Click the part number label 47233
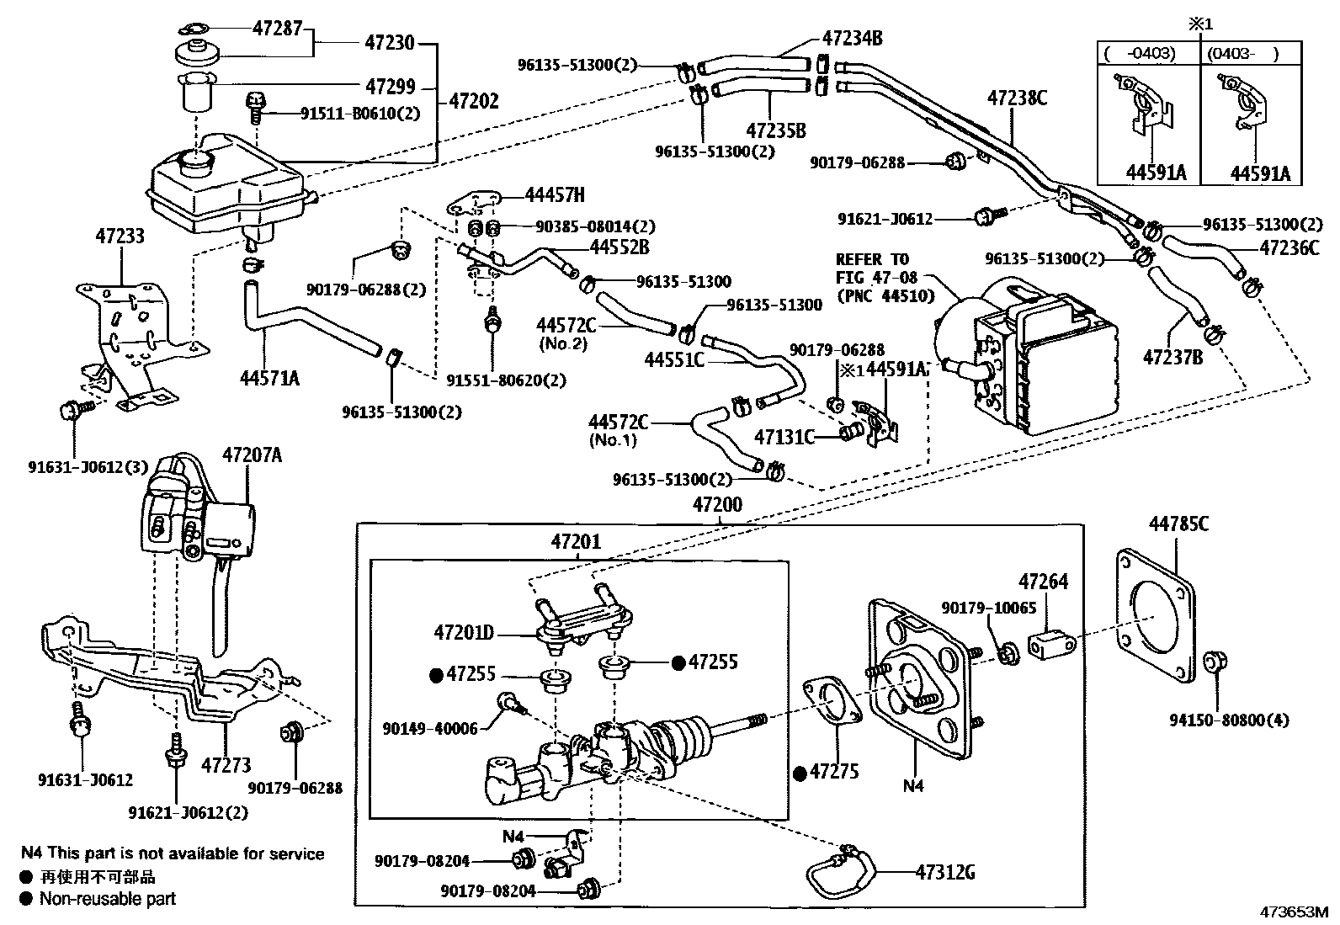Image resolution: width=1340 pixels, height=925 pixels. tap(120, 236)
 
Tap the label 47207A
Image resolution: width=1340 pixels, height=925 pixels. tap(252, 455)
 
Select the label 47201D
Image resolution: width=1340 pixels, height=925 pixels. tap(464, 631)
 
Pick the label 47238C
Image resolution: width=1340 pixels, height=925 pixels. tap(1017, 98)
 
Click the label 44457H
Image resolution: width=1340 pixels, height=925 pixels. tap(554, 195)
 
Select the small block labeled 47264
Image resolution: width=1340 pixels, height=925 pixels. tap(1051, 646)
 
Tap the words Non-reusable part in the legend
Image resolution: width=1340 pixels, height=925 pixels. tap(108, 898)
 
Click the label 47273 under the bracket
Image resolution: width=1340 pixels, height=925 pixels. tap(226, 765)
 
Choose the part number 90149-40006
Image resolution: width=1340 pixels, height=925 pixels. tap(429, 729)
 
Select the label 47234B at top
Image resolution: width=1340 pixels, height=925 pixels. tap(852, 38)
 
